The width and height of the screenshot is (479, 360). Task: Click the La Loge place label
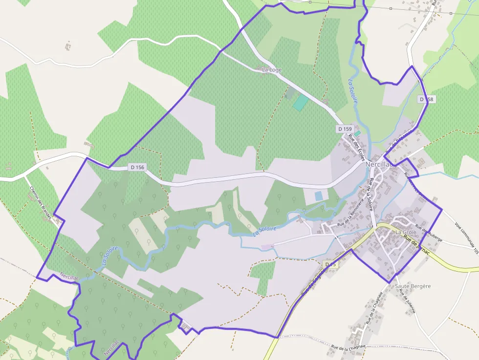(272, 70)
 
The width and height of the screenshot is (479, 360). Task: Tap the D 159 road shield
(344, 129)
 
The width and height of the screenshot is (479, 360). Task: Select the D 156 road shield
(138, 167)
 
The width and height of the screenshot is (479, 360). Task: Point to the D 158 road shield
(426, 99)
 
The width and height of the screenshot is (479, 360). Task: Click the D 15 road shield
(331, 264)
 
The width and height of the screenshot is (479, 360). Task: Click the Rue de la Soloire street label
(371, 194)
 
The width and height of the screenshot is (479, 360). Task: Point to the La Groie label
(405, 232)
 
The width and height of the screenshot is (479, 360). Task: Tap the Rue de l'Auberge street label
(429, 233)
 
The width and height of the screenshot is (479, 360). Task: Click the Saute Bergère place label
(413, 286)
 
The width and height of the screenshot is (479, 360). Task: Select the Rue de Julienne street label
(406, 301)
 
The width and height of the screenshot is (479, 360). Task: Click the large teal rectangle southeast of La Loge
(301, 103)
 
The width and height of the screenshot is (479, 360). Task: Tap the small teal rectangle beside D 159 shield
(357, 133)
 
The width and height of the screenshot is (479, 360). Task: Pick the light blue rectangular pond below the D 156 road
(319, 196)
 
